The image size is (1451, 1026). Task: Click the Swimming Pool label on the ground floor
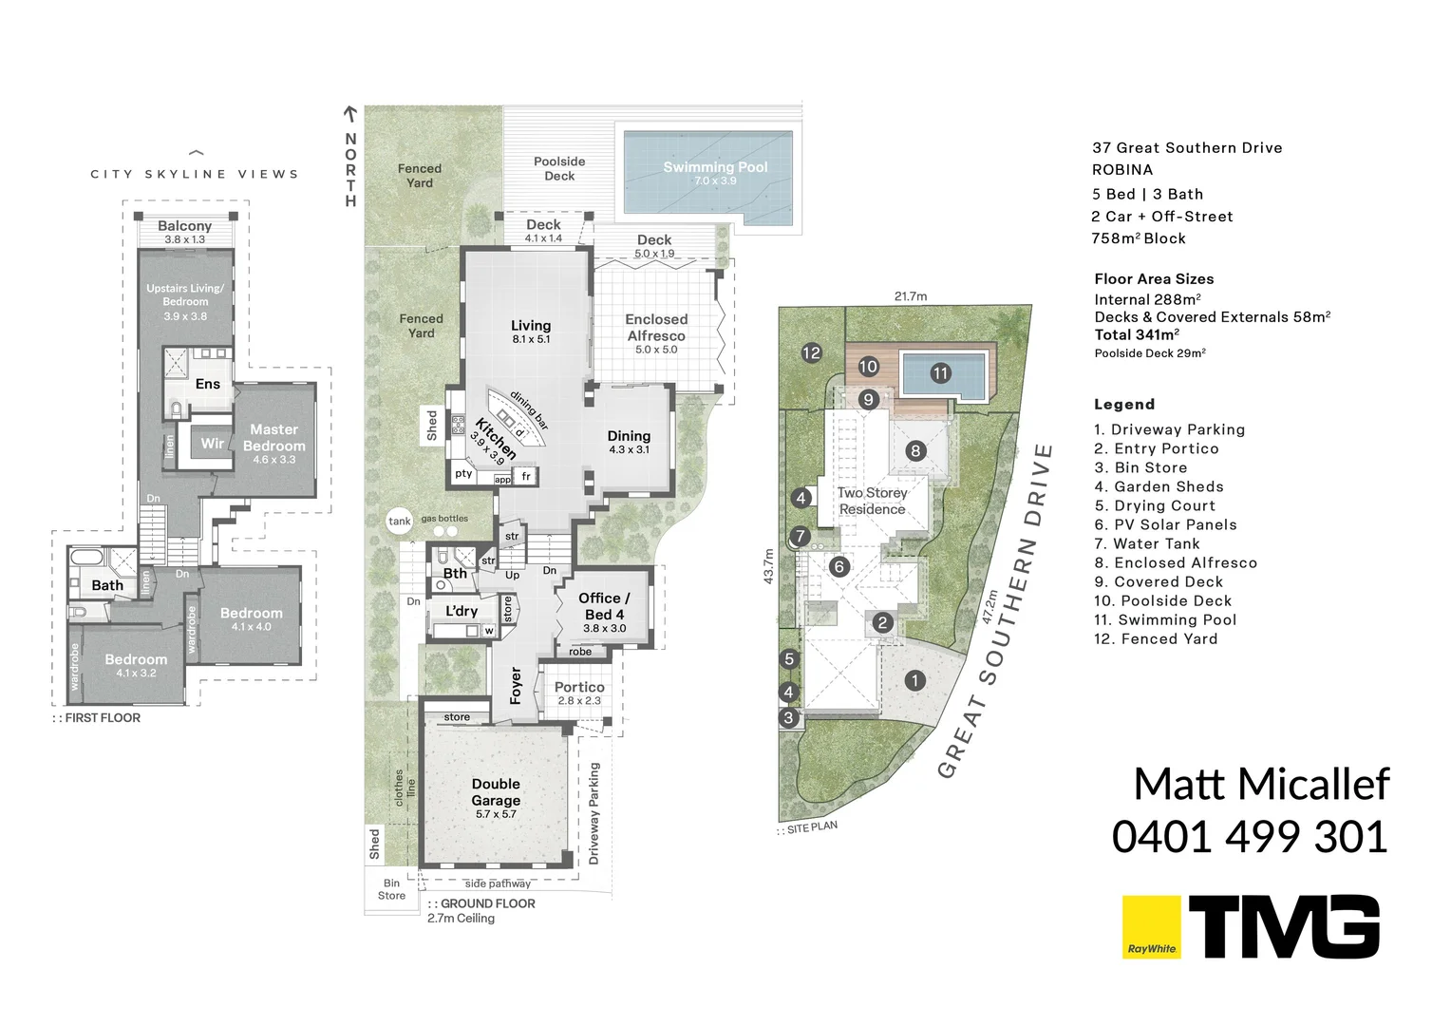pyautogui.click(x=715, y=168)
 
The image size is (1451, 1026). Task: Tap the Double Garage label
pyautogui.click(x=496, y=792)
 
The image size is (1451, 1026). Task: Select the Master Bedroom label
pyautogui.click(x=274, y=438)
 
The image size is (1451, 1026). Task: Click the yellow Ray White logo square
pyautogui.click(x=1152, y=926)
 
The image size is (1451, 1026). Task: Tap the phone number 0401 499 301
pyautogui.click(x=1250, y=837)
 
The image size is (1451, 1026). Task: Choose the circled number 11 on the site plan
pyautogui.click(x=940, y=373)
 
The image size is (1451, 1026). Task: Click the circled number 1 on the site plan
pyautogui.click(x=914, y=680)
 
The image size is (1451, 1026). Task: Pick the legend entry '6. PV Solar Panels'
pyautogui.click(x=1165, y=524)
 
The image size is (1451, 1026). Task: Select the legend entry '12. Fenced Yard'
pyautogui.click(x=1156, y=638)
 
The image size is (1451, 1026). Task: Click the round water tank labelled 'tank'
pyautogui.click(x=400, y=521)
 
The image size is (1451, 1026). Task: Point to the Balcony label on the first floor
pyautogui.click(x=185, y=226)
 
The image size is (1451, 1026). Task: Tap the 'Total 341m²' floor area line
pyautogui.click(x=1137, y=334)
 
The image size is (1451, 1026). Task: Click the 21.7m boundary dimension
pyautogui.click(x=911, y=296)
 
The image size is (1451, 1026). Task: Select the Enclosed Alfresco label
pyautogui.click(x=656, y=328)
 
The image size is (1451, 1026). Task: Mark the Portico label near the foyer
pyautogui.click(x=579, y=688)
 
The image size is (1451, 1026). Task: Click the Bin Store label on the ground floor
pyautogui.click(x=391, y=889)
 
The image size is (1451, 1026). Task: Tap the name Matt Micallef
pyautogui.click(x=1261, y=785)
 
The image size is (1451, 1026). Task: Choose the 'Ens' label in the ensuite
pyautogui.click(x=208, y=384)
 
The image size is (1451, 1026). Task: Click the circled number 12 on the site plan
pyautogui.click(x=811, y=353)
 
